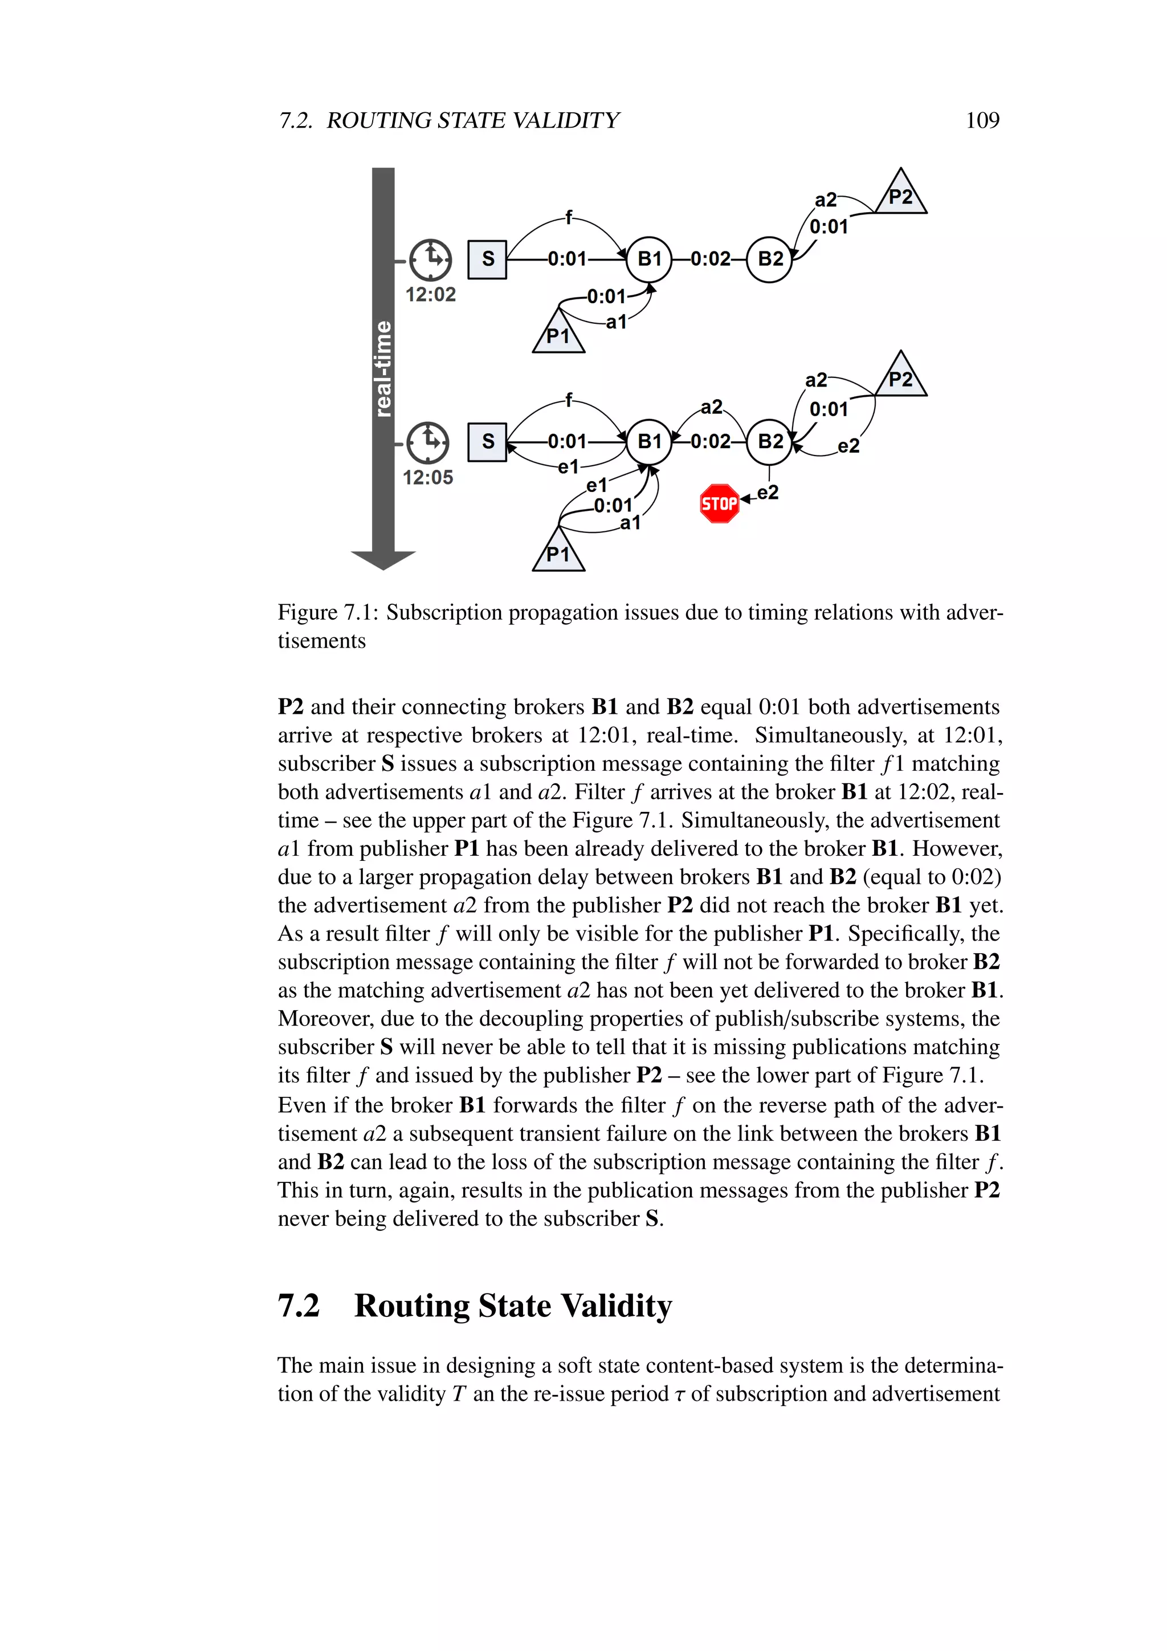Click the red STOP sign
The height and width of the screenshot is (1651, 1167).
click(x=719, y=503)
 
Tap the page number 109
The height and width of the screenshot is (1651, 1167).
click(x=982, y=120)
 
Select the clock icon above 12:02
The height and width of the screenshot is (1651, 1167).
click(x=430, y=259)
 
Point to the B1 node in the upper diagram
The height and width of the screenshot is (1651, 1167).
click(x=649, y=259)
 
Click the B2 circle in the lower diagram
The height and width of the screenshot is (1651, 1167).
click(x=770, y=441)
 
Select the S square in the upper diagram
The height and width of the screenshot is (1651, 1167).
click(x=487, y=259)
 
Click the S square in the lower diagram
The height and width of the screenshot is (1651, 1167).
click(x=487, y=441)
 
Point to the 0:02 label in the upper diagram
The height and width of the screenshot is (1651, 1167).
click(x=710, y=259)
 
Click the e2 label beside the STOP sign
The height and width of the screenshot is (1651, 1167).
click(x=768, y=493)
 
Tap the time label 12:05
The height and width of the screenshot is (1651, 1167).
click(x=427, y=478)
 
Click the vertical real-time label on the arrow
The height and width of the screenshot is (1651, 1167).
click(x=383, y=368)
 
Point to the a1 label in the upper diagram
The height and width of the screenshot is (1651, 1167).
click(x=616, y=322)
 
